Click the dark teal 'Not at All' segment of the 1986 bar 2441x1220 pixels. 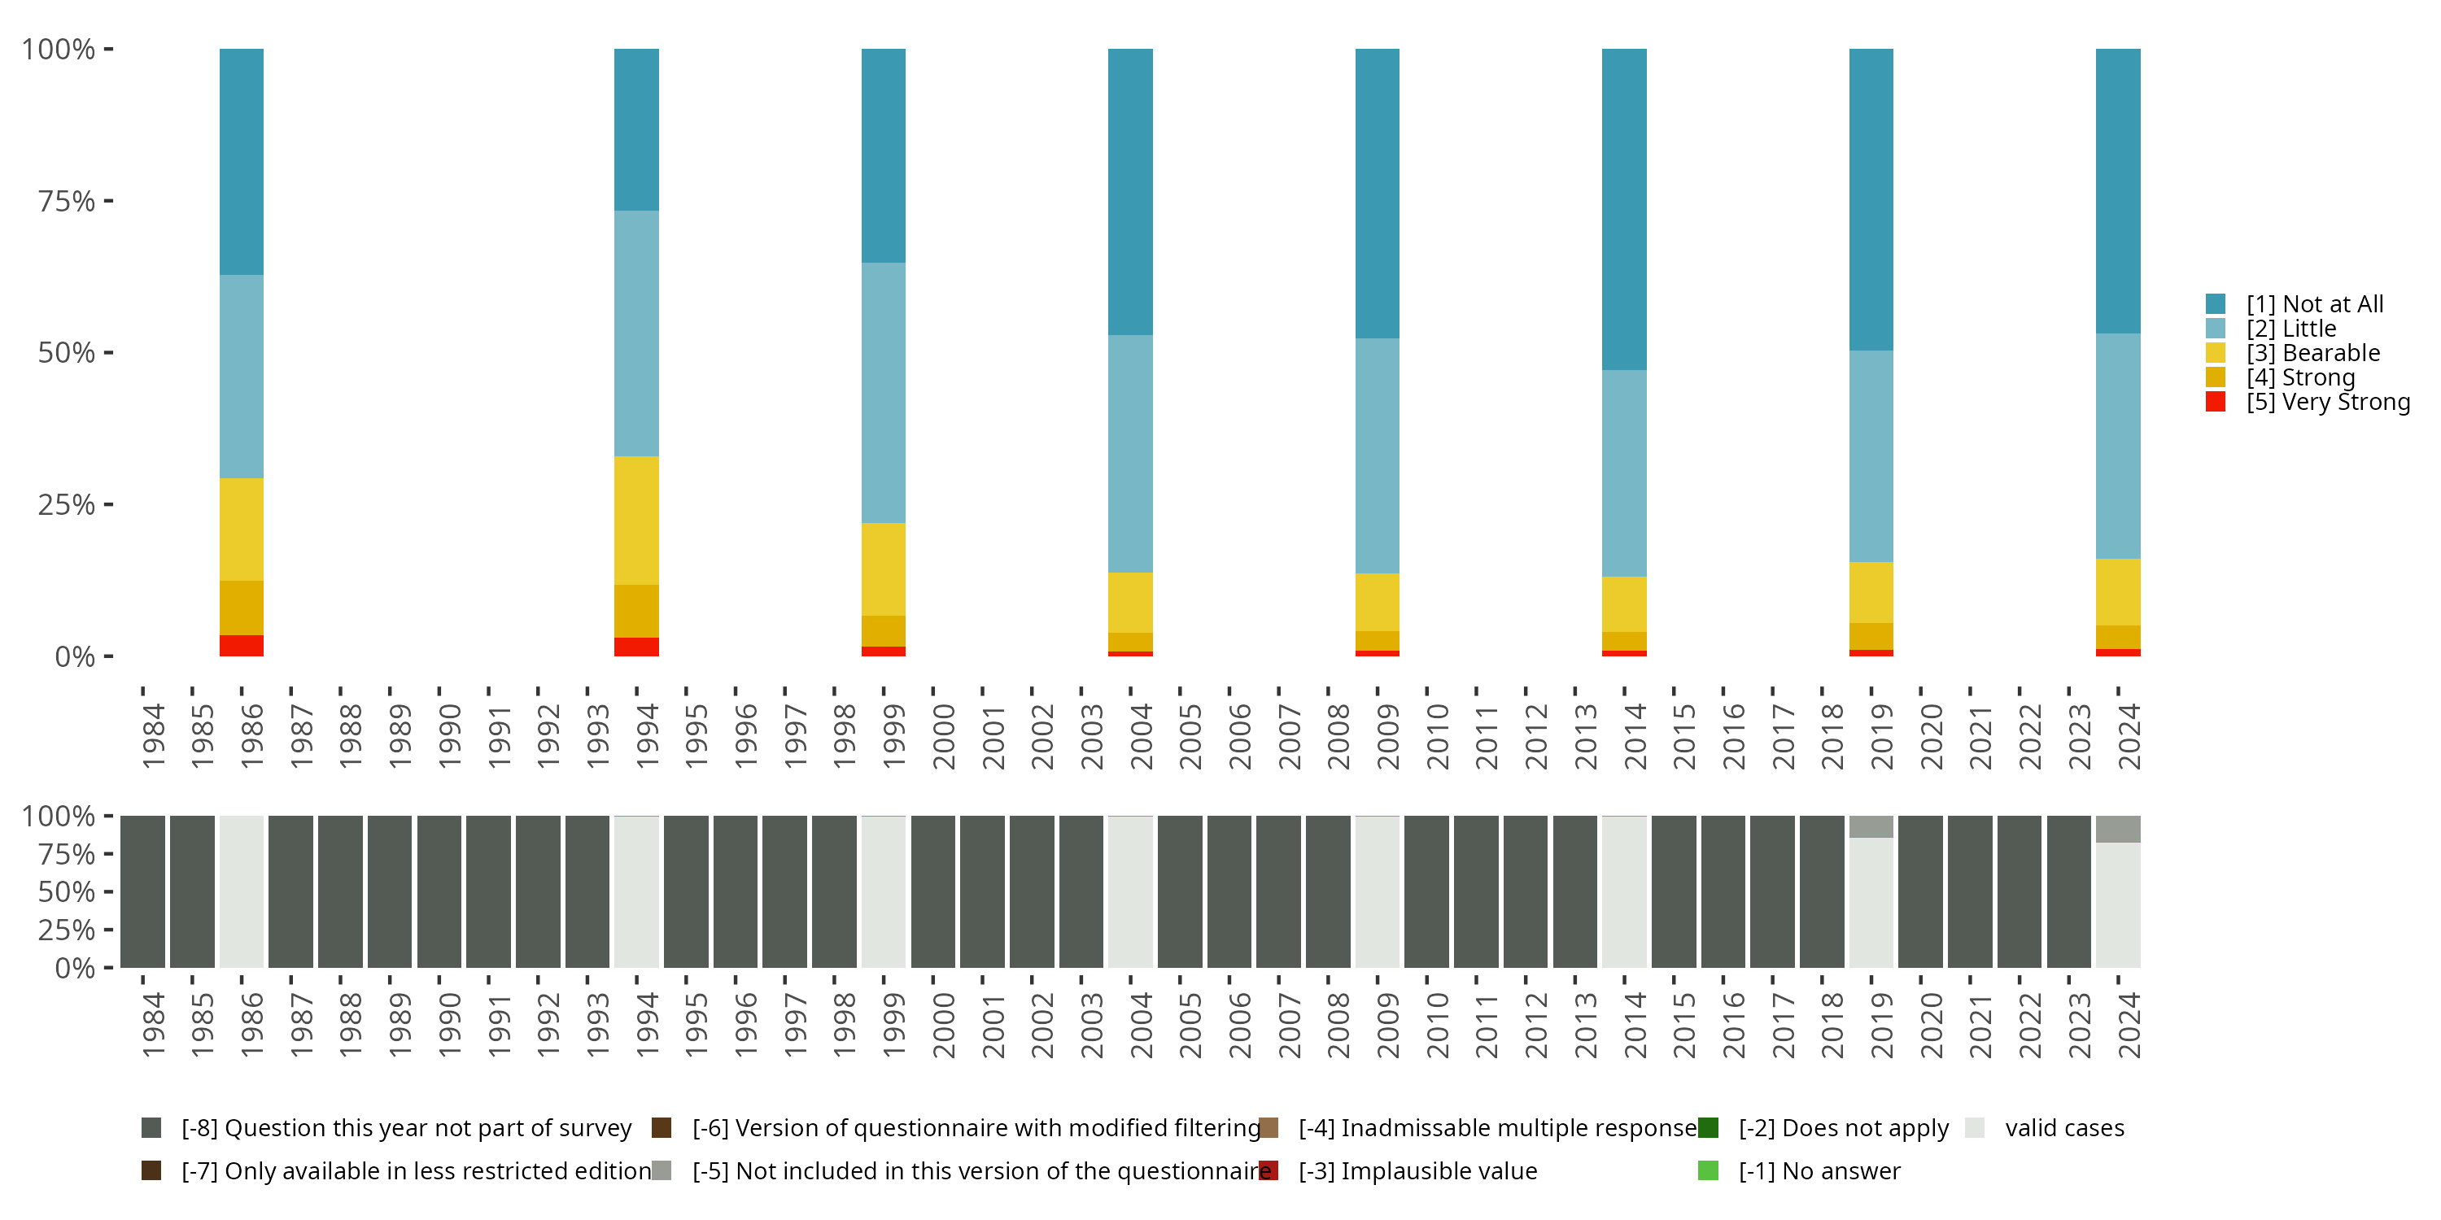pos(242,161)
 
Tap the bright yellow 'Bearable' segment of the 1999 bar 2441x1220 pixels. pos(883,569)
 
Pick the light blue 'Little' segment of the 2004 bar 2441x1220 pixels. pos(1130,453)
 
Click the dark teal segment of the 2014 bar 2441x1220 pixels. pos(1624,208)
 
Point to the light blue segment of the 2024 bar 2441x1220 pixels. pos(2118,445)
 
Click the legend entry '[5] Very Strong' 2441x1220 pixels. pos(2326,402)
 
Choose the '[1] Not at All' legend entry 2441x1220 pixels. pos(2313,304)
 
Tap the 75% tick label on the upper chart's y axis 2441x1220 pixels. pos(67,201)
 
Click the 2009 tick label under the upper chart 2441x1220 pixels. pos(1386,736)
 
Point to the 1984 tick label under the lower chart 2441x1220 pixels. pos(153,1025)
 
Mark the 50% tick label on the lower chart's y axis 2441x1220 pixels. pos(67,892)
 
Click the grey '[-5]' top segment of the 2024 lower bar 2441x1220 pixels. pos(2118,829)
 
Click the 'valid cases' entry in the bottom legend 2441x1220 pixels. pos(2063,1128)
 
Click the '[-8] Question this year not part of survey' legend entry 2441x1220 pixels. pos(404,1128)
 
